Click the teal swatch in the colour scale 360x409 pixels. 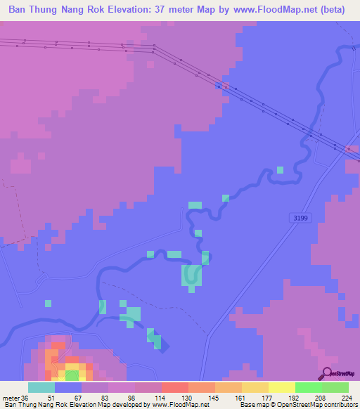click(41, 387)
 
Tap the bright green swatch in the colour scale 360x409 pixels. click(309, 387)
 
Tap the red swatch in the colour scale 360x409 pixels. click(175, 387)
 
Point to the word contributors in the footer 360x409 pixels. click(340, 404)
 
